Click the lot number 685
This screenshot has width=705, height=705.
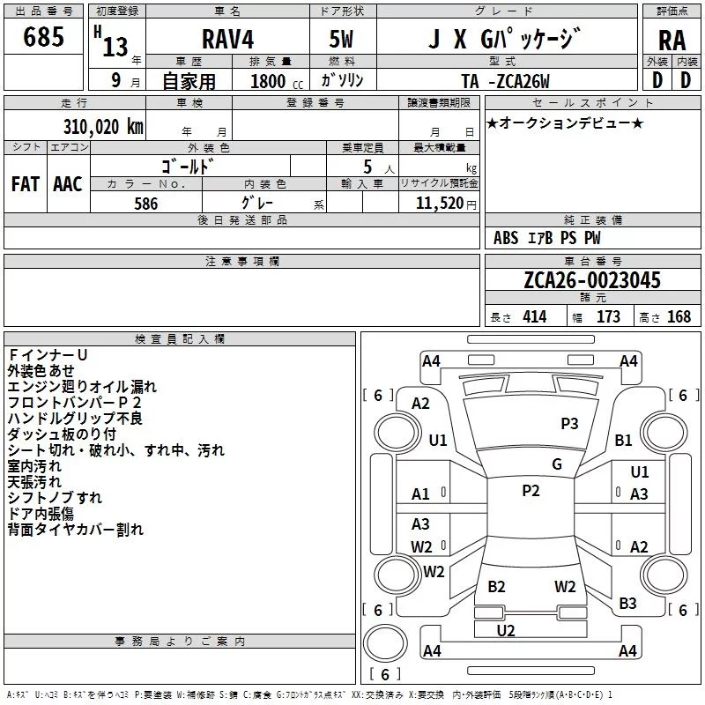(43, 36)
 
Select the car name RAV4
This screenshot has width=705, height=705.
(228, 39)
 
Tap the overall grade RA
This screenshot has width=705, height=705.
(672, 41)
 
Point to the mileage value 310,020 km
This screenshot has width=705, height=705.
(103, 127)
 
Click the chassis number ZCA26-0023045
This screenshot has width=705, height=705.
(592, 279)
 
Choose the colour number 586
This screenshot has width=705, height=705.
(146, 204)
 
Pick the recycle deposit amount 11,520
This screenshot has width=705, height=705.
(439, 204)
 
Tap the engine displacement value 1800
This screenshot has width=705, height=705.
(268, 81)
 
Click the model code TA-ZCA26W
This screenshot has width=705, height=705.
(505, 81)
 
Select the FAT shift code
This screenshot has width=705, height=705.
(26, 184)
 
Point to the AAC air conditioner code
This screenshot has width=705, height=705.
(68, 184)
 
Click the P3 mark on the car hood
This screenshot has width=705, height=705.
(569, 424)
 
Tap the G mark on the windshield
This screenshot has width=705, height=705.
(557, 464)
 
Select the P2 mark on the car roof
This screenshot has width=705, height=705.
(531, 491)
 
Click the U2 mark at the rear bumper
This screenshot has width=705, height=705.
(506, 631)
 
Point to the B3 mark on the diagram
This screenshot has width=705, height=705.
(627, 604)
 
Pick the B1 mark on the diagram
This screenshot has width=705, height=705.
(623, 440)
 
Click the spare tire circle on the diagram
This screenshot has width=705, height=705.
(385, 643)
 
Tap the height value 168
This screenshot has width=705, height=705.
(679, 316)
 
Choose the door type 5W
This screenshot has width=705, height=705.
(341, 39)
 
